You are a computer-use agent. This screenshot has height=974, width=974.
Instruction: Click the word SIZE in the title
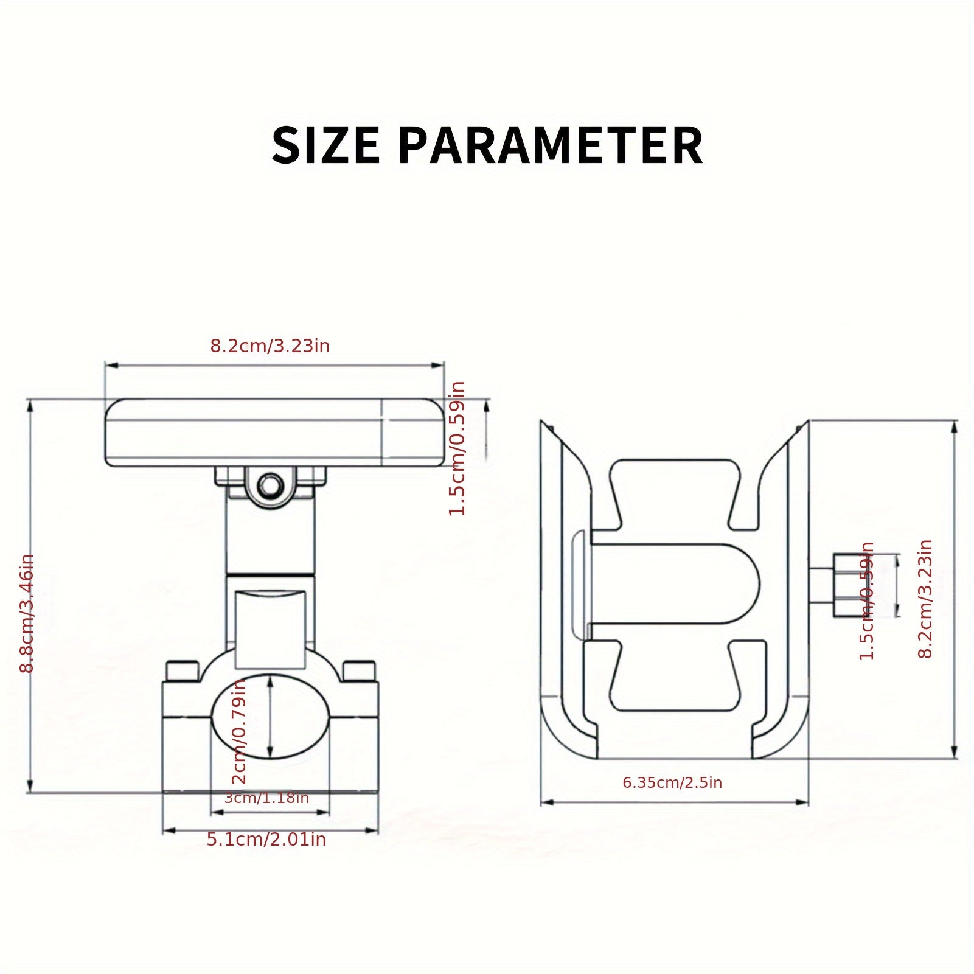click(325, 145)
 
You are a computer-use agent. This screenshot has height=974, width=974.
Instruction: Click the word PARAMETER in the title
click(551, 145)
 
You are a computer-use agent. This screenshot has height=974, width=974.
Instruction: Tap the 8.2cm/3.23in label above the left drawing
click(270, 346)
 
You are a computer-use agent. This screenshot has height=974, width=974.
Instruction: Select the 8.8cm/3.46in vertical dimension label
click(27, 613)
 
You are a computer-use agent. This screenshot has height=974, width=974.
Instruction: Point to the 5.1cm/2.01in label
click(266, 840)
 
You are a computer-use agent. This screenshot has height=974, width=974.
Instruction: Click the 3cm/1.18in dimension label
click(266, 798)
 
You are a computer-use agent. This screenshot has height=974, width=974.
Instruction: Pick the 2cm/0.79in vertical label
click(240, 731)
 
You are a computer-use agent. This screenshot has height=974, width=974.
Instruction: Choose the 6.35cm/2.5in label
click(672, 782)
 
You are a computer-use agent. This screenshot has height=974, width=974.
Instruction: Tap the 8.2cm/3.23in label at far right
click(925, 599)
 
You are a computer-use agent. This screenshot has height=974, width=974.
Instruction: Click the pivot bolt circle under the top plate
click(269, 485)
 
